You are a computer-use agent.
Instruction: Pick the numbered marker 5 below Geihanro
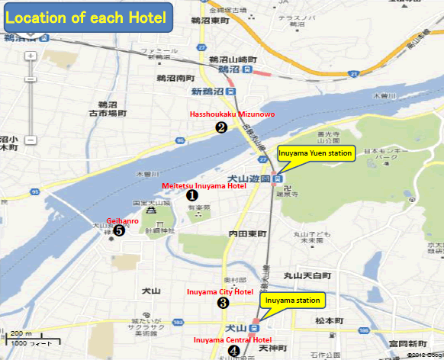coord(118,230)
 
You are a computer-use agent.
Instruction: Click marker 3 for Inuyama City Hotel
coord(223,303)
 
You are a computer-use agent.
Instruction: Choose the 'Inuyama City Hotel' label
coord(221,291)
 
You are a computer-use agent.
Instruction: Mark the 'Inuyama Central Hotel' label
coord(233,339)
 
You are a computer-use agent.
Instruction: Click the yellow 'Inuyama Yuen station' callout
coord(315,153)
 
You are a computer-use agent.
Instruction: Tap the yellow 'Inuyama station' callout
coord(294,301)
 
